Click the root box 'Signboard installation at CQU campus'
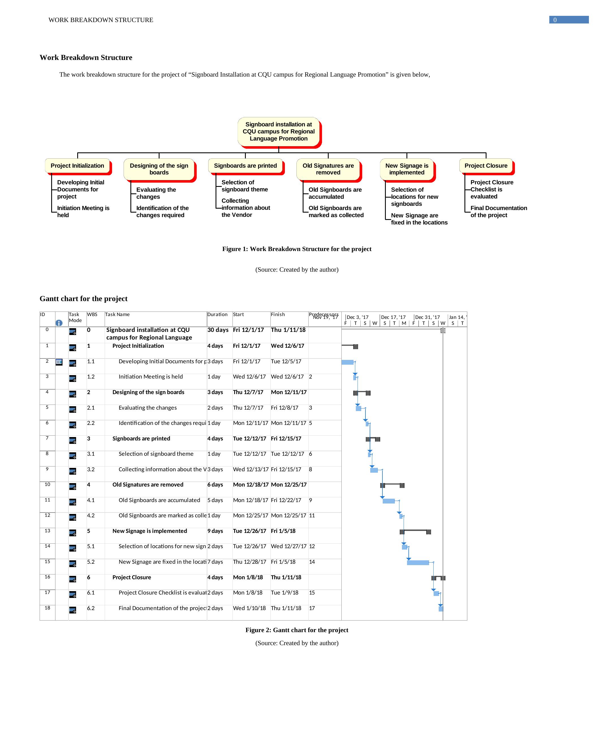(279, 131)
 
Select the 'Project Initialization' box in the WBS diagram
(77, 166)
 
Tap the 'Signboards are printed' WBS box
(245, 166)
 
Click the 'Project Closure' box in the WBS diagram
(486, 166)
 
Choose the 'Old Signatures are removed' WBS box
(328, 169)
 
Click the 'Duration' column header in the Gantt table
(217, 314)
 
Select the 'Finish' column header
(278, 314)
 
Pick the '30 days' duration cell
(218, 330)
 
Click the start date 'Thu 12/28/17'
(249, 562)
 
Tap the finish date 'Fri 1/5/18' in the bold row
(283, 531)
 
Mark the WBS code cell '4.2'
(91, 516)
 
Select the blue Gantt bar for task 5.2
(418, 563)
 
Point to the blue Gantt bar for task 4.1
(388, 501)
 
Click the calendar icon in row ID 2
(59, 362)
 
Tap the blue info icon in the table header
(59, 323)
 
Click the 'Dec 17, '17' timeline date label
(393, 317)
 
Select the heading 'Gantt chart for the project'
(83, 299)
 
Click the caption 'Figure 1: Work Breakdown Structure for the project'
(297, 249)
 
